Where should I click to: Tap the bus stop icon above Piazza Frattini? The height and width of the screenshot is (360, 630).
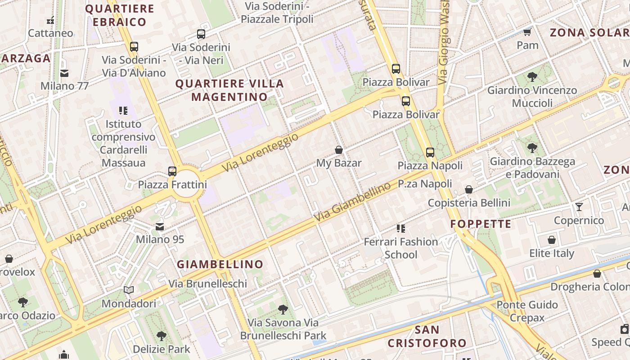click(x=172, y=171)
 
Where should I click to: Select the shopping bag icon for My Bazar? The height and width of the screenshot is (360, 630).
click(x=339, y=150)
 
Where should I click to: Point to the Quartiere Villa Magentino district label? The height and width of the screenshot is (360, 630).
click(x=229, y=90)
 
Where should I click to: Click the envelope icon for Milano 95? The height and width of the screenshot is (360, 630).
click(x=160, y=226)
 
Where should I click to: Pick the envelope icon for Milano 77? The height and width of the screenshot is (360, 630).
click(x=64, y=73)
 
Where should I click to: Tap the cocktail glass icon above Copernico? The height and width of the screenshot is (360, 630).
click(x=579, y=207)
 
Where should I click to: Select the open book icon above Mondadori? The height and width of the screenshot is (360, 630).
click(x=129, y=290)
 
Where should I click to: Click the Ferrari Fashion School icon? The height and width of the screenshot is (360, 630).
click(x=400, y=229)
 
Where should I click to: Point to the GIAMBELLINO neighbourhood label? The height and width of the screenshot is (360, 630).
click(x=220, y=264)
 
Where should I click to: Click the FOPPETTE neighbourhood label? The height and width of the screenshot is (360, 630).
click(x=481, y=224)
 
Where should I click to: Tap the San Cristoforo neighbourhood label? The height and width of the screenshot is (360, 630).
click(x=427, y=336)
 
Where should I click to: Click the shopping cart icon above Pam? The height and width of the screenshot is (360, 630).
click(x=527, y=32)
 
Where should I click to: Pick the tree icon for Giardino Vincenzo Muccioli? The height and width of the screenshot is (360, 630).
click(x=532, y=77)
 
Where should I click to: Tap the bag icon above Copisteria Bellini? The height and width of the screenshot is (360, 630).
click(x=469, y=189)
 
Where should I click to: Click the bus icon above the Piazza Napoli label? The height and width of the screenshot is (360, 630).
click(x=430, y=152)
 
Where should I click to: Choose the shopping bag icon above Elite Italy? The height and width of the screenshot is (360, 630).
click(x=552, y=240)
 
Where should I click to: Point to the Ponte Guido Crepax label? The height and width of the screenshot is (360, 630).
click(x=527, y=311)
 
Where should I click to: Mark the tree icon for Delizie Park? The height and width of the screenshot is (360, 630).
click(x=161, y=336)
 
